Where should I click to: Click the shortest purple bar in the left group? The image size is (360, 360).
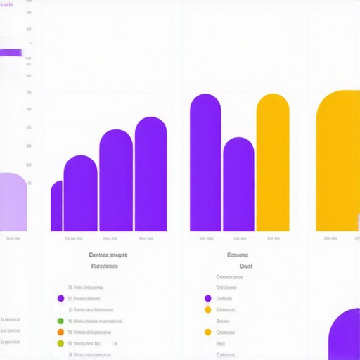click(56, 207)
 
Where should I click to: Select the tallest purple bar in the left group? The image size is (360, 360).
click(150, 176)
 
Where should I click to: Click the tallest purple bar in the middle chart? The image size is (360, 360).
click(205, 165)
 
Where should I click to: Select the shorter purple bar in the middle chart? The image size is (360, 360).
click(238, 186)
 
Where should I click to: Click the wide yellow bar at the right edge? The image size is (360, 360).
click(338, 162)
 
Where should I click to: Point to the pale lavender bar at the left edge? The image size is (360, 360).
click(13, 202)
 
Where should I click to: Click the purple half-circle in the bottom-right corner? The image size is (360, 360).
click(345, 336)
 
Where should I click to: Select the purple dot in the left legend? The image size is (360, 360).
click(60, 298)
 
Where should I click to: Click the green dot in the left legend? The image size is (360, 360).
click(60, 321)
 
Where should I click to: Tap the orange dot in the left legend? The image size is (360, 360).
click(60, 332)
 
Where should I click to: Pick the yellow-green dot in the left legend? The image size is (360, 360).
click(60, 343)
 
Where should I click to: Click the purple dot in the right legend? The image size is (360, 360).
click(207, 298)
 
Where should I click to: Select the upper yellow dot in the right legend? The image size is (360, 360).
click(207, 309)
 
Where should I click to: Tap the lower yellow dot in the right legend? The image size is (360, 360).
click(207, 332)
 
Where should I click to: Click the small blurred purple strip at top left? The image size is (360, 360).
click(11, 52)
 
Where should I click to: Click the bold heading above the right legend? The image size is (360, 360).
click(236, 255)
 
